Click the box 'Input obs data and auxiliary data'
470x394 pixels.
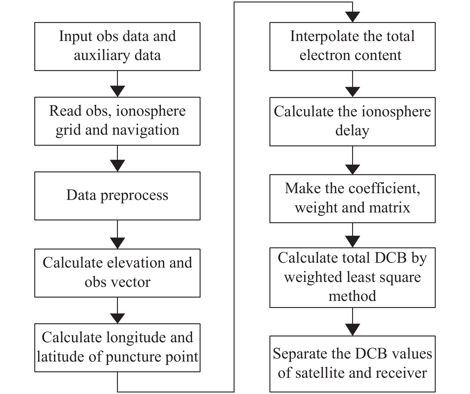(117, 46)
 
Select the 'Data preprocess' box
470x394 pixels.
(117, 196)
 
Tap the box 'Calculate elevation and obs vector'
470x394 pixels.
(117, 273)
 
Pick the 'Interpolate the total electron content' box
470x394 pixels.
(352, 46)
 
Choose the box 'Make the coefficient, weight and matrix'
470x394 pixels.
(352, 199)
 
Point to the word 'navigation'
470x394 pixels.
(146, 130)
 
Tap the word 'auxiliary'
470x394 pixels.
(102, 55)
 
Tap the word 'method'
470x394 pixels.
(352, 296)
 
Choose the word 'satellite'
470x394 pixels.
(321, 373)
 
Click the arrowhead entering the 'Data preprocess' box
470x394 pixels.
(117, 166)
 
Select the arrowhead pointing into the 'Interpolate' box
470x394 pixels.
(352, 17)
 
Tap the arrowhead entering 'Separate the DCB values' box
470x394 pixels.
(352, 330)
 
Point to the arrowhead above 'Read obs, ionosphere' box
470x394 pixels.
(117, 91)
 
